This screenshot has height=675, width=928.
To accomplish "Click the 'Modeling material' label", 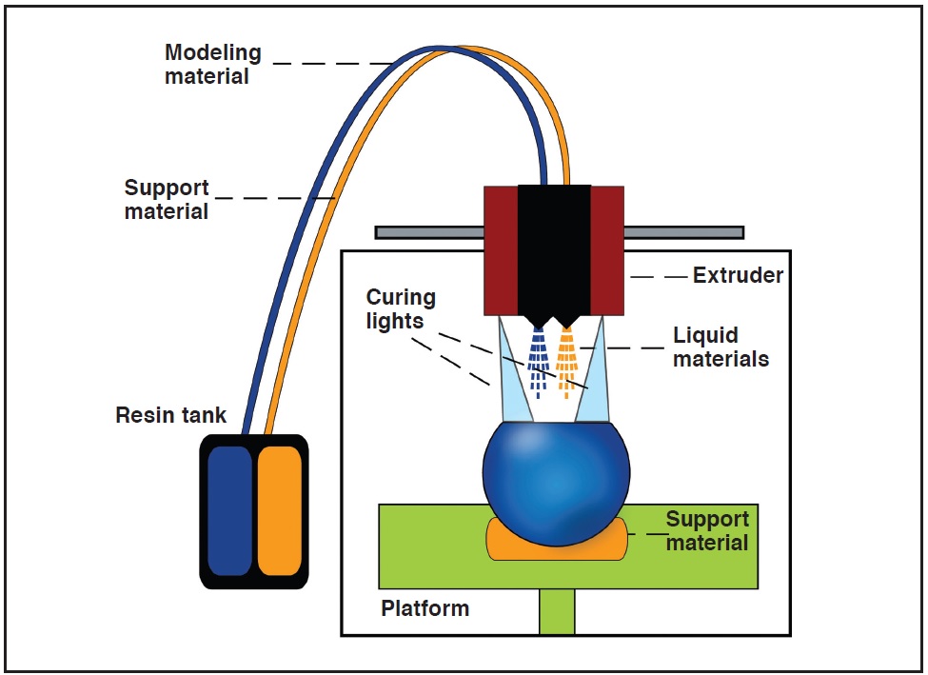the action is (x=212, y=64).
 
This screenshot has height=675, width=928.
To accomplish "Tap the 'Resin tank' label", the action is (x=170, y=414).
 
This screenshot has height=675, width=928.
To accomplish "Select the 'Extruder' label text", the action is (x=738, y=275).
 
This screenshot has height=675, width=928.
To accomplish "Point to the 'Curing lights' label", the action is (x=401, y=308).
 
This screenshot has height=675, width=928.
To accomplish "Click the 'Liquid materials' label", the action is (x=721, y=347).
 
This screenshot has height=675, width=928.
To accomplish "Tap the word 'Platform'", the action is (x=425, y=608).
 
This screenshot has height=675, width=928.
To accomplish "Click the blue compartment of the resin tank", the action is (x=230, y=510).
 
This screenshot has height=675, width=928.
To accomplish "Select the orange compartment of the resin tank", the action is (x=279, y=510).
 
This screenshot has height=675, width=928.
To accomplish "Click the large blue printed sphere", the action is (x=557, y=483).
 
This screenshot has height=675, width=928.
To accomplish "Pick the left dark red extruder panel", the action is (x=501, y=250).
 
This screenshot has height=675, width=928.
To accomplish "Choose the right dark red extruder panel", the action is (x=607, y=250).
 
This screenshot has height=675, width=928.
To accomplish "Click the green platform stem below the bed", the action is (x=557, y=611).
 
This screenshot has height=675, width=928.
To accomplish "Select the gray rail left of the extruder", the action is (x=429, y=232).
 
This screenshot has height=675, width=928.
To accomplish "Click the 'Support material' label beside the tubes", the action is (x=167, y=200).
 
